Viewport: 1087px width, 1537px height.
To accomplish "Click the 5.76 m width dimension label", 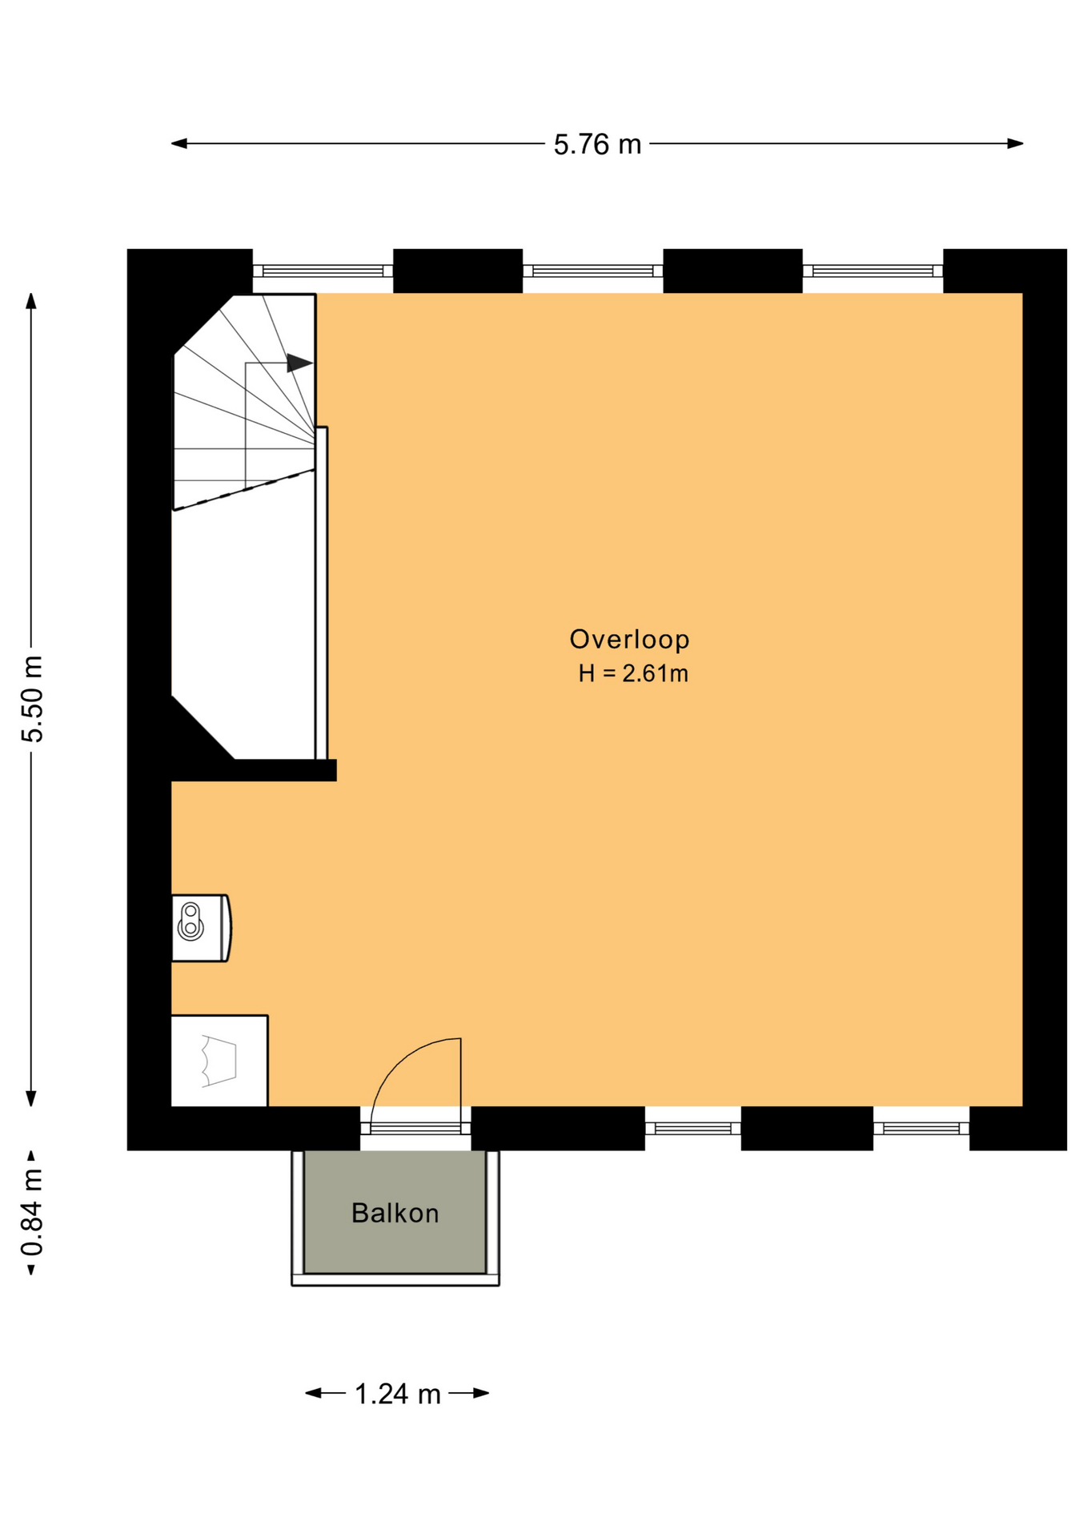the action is (597, 144).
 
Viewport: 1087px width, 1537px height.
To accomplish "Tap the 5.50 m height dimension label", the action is (33, 699).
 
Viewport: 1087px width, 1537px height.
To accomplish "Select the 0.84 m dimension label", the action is (32, 1212).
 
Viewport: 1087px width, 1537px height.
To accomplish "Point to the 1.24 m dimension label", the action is (397, 1394).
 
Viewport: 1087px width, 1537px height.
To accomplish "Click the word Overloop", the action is (629, 639).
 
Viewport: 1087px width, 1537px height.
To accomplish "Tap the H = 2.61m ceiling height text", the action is (633, 673).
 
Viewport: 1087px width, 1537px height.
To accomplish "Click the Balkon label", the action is (395, 1213).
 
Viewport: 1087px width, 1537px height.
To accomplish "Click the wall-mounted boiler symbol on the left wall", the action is (201, 928).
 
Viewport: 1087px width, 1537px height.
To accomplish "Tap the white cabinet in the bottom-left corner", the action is (219, 1061).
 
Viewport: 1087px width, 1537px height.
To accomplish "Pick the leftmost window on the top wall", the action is (323, 271).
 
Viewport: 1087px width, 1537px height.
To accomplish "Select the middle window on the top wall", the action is (593, 271).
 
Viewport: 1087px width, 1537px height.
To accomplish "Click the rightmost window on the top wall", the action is (872, 271).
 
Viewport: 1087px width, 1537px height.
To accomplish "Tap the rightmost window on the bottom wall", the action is (921, 1129).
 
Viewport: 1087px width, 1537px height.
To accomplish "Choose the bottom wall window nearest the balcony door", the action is (693, 1129).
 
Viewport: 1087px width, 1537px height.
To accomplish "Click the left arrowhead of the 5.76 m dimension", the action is (179, 144).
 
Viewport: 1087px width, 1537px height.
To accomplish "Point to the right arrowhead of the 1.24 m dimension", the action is (481, 1394).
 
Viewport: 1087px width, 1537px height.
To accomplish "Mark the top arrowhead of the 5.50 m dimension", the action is (31, 301).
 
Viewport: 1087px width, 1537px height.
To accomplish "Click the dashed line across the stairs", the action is (243, 490).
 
